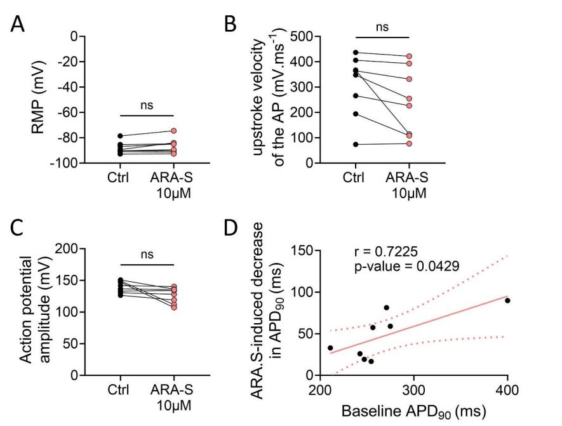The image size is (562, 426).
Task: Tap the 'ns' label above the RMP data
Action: pyautogui.click(x=147, y=105)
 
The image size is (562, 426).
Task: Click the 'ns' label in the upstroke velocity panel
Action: pyautogui.click(x=383, y=27)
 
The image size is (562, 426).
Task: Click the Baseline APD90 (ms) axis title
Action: pyautogui.click(x=415, y=409)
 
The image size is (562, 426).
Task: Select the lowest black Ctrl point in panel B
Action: pyautogui.click(x=356, y=145)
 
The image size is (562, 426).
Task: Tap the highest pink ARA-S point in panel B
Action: pyautogui.click(x=410, y=57)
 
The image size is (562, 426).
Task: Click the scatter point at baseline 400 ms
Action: pyautogui.click(x=507, y=300)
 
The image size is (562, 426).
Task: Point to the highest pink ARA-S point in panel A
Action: pyautogui.click(x=173, y=131)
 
